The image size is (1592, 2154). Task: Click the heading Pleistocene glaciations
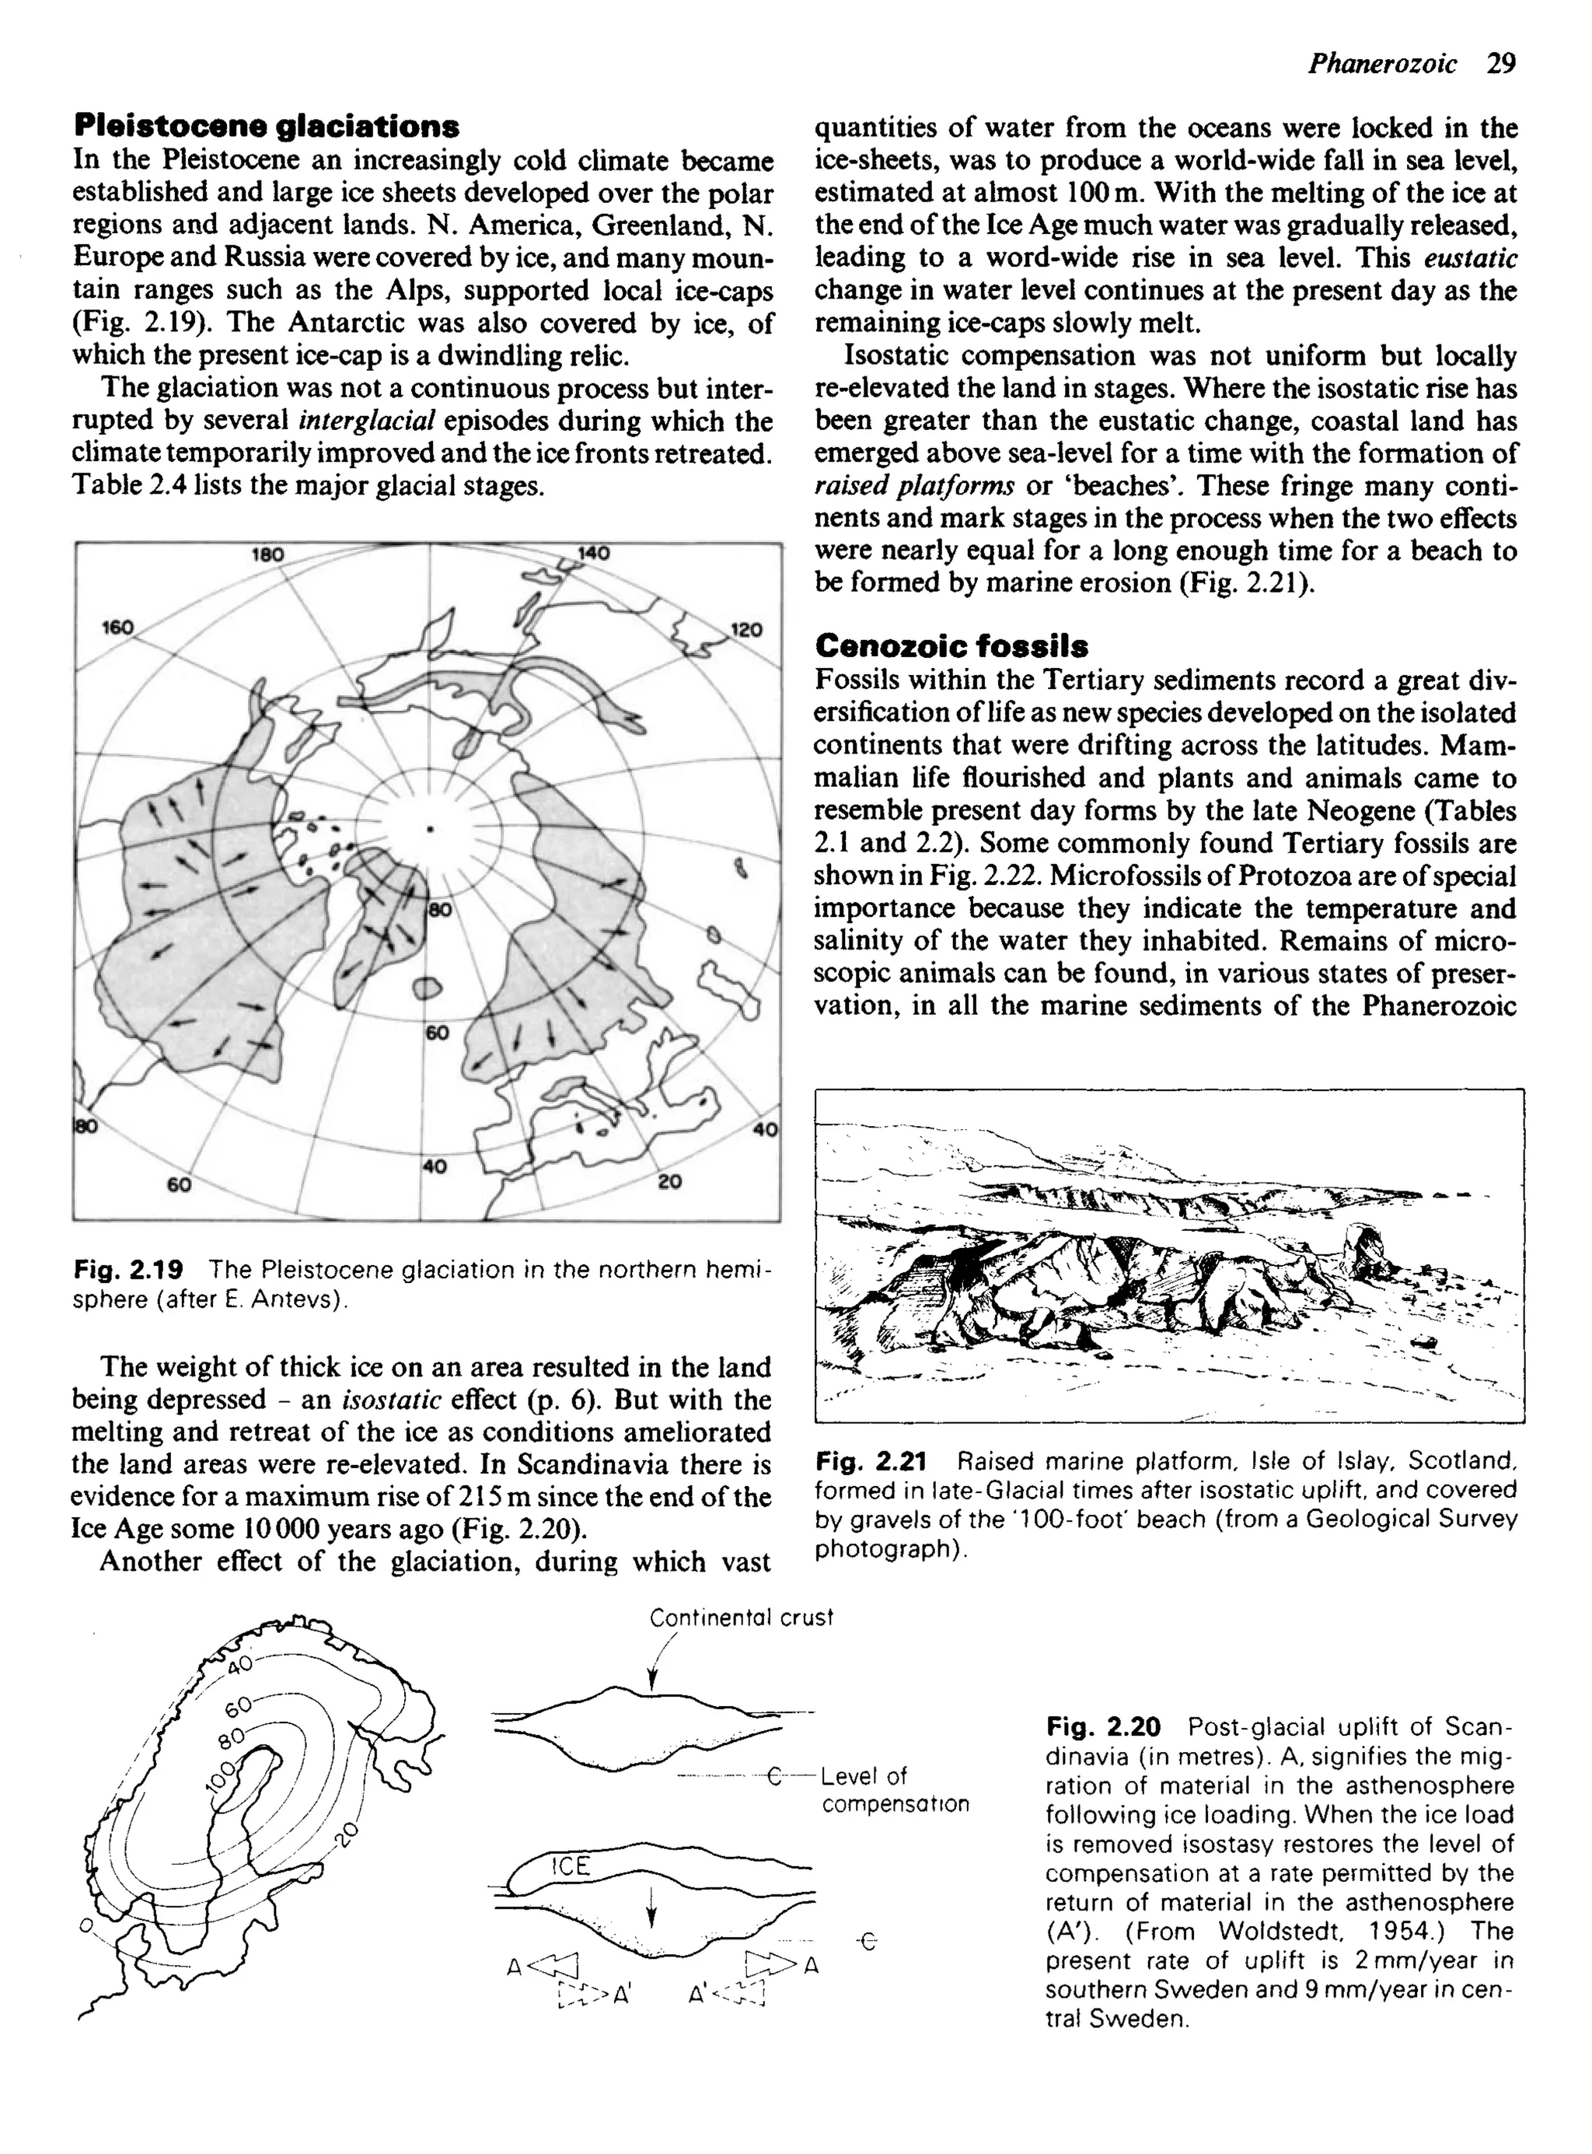[266, 126]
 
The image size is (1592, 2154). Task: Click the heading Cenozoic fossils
[951, 645]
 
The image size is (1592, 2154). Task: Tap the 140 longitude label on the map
[594, 554]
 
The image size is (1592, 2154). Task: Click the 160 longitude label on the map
[117, 628]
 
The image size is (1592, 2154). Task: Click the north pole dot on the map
[430, 828]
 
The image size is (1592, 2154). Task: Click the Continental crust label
[740, 1617]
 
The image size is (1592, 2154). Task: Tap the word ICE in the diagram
[570, 1866]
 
